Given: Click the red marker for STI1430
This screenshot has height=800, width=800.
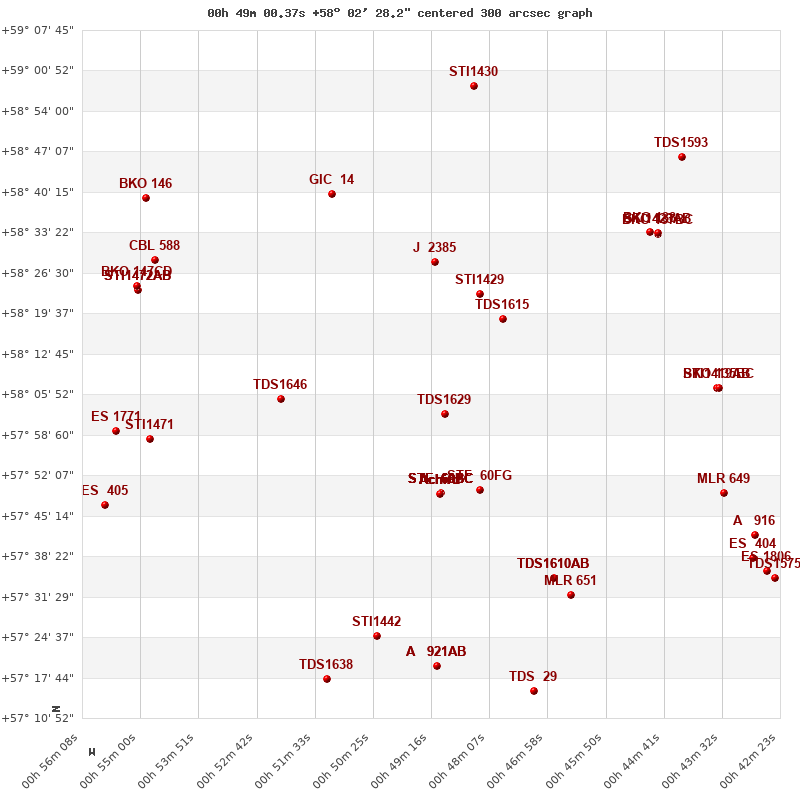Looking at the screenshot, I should click(474, 86).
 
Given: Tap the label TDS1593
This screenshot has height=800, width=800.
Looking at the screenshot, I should click(681, 143).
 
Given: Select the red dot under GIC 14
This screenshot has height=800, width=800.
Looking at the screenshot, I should click(332, 194).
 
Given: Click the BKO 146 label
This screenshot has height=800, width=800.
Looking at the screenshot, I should click(145, 184).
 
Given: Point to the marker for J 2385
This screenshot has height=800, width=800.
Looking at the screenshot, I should click(435, 262).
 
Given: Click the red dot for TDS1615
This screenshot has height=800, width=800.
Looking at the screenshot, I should click(503, 319).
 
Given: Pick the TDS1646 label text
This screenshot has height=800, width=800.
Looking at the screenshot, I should click(280, 385).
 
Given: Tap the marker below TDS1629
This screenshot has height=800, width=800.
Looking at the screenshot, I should click(445, 414).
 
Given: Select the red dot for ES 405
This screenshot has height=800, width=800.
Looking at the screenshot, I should click(105, 505).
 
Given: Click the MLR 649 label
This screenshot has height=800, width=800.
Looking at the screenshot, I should click(723, 479).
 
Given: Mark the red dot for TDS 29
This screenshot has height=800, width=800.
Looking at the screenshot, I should click(534, 691).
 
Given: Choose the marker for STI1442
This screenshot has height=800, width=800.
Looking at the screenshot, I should click(377, 636).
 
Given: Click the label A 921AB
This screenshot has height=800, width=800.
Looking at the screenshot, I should click(436, 652).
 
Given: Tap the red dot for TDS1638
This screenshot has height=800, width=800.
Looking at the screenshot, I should click(327, 679).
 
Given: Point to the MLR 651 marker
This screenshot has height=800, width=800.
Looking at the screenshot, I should click(571, 595).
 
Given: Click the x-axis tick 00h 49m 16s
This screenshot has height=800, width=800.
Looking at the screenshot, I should click(410, 765).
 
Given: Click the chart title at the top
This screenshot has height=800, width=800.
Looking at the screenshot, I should click(400, 13).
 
